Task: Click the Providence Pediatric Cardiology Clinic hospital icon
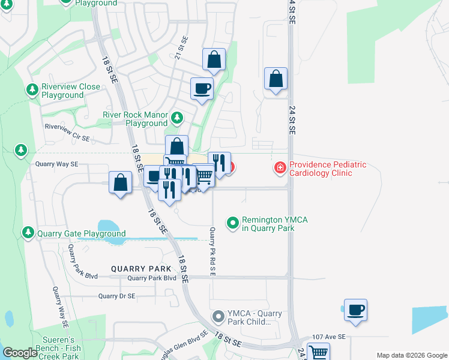point(280,168)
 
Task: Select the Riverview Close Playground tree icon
point(32,91)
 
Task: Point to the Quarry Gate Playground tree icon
point(28,233)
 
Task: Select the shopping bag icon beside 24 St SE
point(276,78)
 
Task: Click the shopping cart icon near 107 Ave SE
point(318,353)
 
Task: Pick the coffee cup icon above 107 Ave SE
point(355,310)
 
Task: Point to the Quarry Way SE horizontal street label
point(57,164)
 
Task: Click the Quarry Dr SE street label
point(117,296)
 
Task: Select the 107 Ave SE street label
point(329,337)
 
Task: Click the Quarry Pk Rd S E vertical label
point(212,251)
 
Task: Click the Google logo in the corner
point(20,353)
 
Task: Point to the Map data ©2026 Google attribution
point(411,355)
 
